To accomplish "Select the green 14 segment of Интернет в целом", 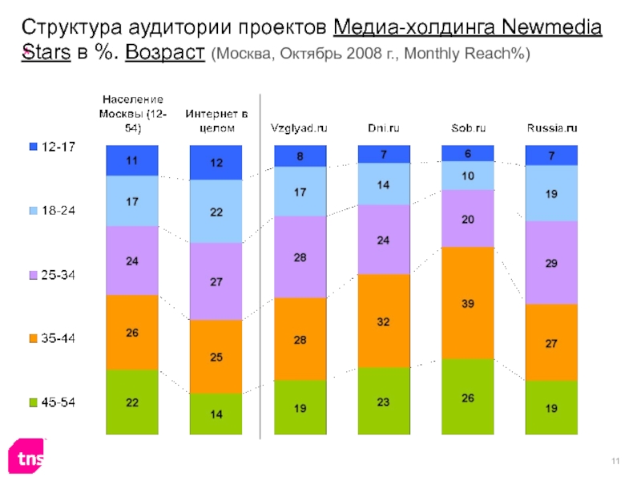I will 216,415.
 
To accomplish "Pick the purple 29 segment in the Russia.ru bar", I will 551,262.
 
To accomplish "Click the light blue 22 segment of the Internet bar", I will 216,211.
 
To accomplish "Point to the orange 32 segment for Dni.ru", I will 384,321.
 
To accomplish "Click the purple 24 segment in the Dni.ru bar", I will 384,239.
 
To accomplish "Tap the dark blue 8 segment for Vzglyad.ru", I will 300,156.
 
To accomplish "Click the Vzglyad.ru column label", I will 300,127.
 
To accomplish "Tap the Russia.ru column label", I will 552,127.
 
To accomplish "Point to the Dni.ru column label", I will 384,127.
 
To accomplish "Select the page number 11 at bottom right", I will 615,459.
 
